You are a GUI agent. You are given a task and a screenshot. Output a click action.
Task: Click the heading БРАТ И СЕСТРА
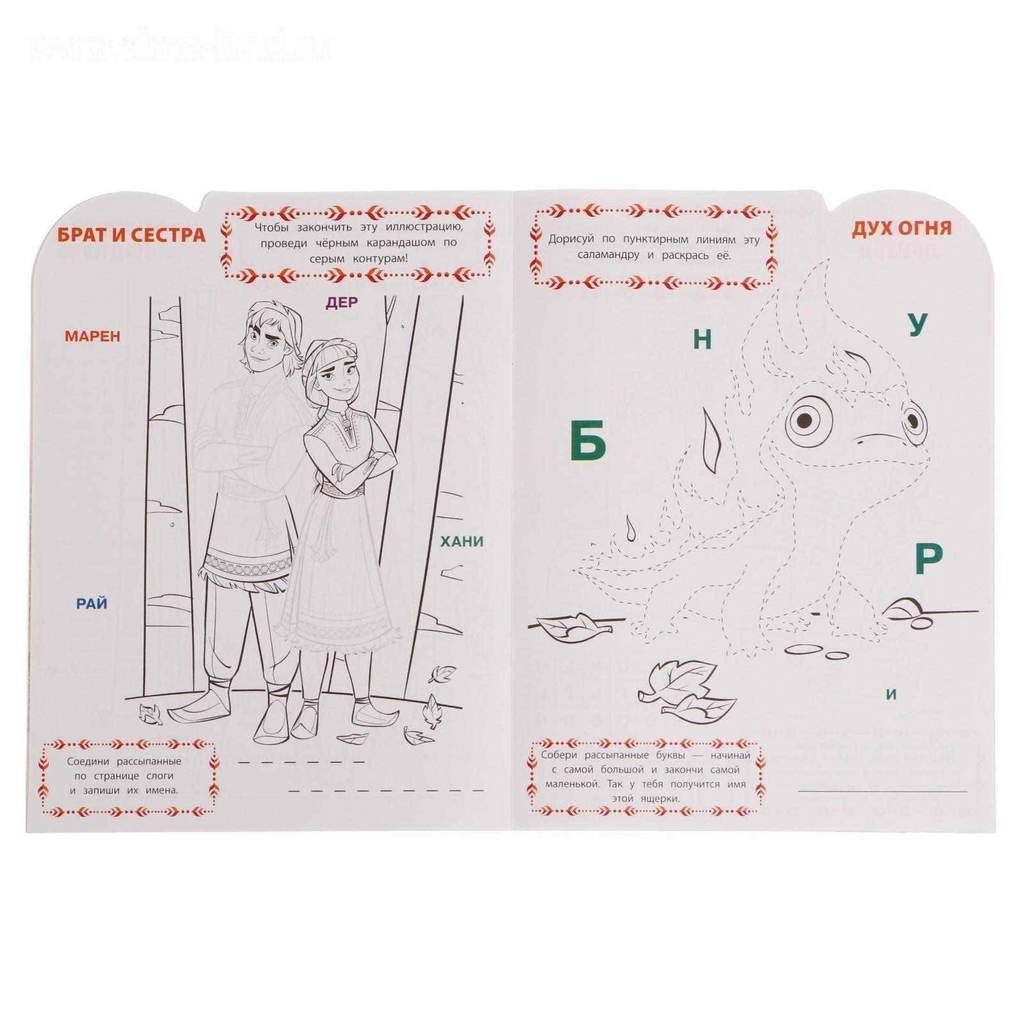[132, 235]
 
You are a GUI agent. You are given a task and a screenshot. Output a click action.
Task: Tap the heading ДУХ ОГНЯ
[901, 228]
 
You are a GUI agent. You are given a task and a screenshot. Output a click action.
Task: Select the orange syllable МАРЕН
[92, 336]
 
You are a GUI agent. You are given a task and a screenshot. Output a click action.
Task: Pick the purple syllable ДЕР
[342, 302]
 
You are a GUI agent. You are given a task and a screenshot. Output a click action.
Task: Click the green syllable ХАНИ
[462, 542]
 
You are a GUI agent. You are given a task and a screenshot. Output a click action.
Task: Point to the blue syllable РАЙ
[92, 604]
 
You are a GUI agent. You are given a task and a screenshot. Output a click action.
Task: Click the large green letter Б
[588, 442]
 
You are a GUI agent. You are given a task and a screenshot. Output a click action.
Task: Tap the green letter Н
[703, 339]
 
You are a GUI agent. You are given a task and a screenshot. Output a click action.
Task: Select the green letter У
[918, 325]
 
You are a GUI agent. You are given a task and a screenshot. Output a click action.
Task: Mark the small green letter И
[892, 694]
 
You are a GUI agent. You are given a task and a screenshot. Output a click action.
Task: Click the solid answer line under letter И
[883, 791]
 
